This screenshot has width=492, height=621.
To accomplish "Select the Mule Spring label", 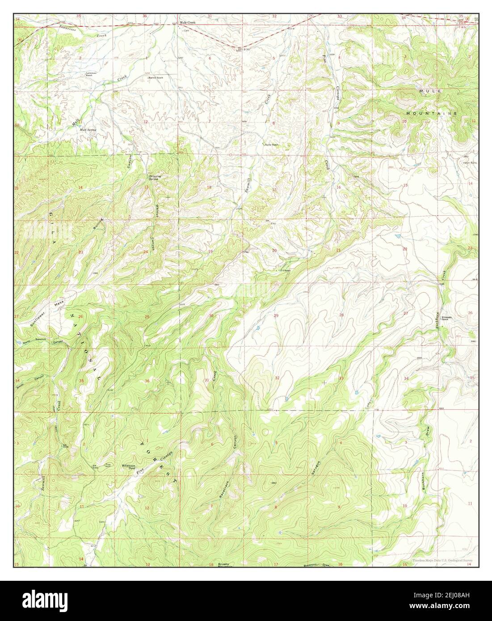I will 88,130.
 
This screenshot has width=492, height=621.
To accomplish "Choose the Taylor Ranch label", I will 271,144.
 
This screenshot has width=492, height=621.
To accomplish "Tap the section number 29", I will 276,316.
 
